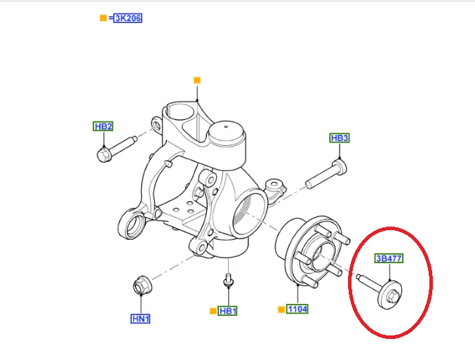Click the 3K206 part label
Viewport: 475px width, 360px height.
point(128,18)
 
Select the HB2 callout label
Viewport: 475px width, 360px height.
point(103,126)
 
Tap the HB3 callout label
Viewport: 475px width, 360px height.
point(340,138)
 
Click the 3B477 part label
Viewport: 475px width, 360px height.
point(389,258)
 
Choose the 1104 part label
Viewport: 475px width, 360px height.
point(297,309)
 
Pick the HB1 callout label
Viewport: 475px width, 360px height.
point(227,311)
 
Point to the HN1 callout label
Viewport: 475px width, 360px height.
point(140,319)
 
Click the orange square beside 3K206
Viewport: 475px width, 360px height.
point(103,18)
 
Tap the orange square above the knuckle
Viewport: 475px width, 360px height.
point(197,80)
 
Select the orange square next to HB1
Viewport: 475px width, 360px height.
point(213,311)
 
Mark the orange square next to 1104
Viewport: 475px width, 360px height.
point(281,309)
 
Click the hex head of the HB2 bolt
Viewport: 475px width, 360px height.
point(105,155)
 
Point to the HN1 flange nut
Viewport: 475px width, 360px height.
point(142,285)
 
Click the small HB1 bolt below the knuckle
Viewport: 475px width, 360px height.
point(228,280)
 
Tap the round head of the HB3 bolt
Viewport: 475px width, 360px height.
point(340,166)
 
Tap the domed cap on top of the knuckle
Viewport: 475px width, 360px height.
point(227,133)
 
